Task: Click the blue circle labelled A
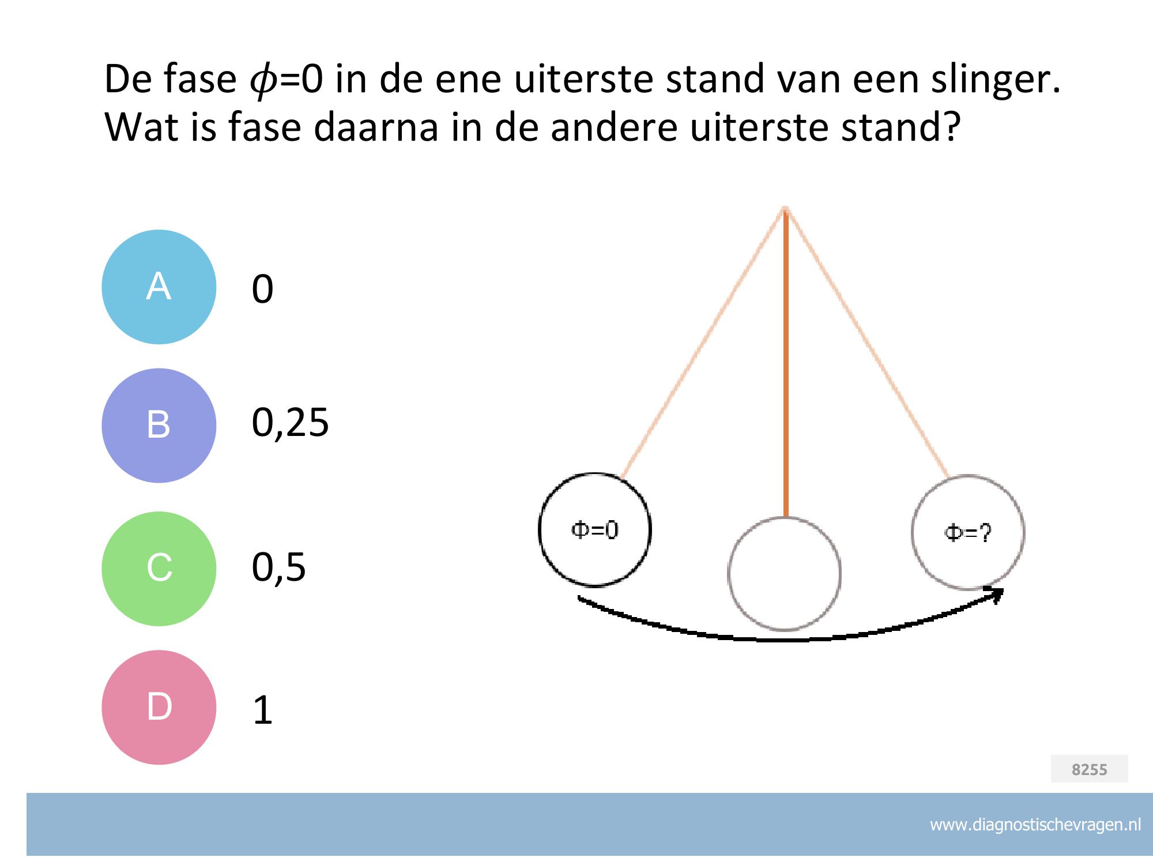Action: click(x=159, y=287)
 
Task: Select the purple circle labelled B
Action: click(x=159, y=426)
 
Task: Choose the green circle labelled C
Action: click(x=159, y=569)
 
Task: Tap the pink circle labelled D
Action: click(x=159, y=708)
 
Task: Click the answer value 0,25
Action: click(x=290, y=423)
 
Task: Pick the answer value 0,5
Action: click(x=278, y=567)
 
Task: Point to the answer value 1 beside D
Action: click(x=263, y=710)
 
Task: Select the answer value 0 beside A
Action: click(x=262, y=289)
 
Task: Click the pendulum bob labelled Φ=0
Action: click(x=594, y=530)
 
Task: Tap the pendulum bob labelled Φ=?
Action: click(x=968, y=532)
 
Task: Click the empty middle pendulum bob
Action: click(x=784, y=574)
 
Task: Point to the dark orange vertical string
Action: click(x=785, y=363)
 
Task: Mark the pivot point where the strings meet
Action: click(x=785, y=208)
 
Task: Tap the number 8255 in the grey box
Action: click(x=1089, y=769)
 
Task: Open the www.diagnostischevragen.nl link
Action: click(x=1035, y=825)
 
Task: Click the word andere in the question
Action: click(x=613, y=127)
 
